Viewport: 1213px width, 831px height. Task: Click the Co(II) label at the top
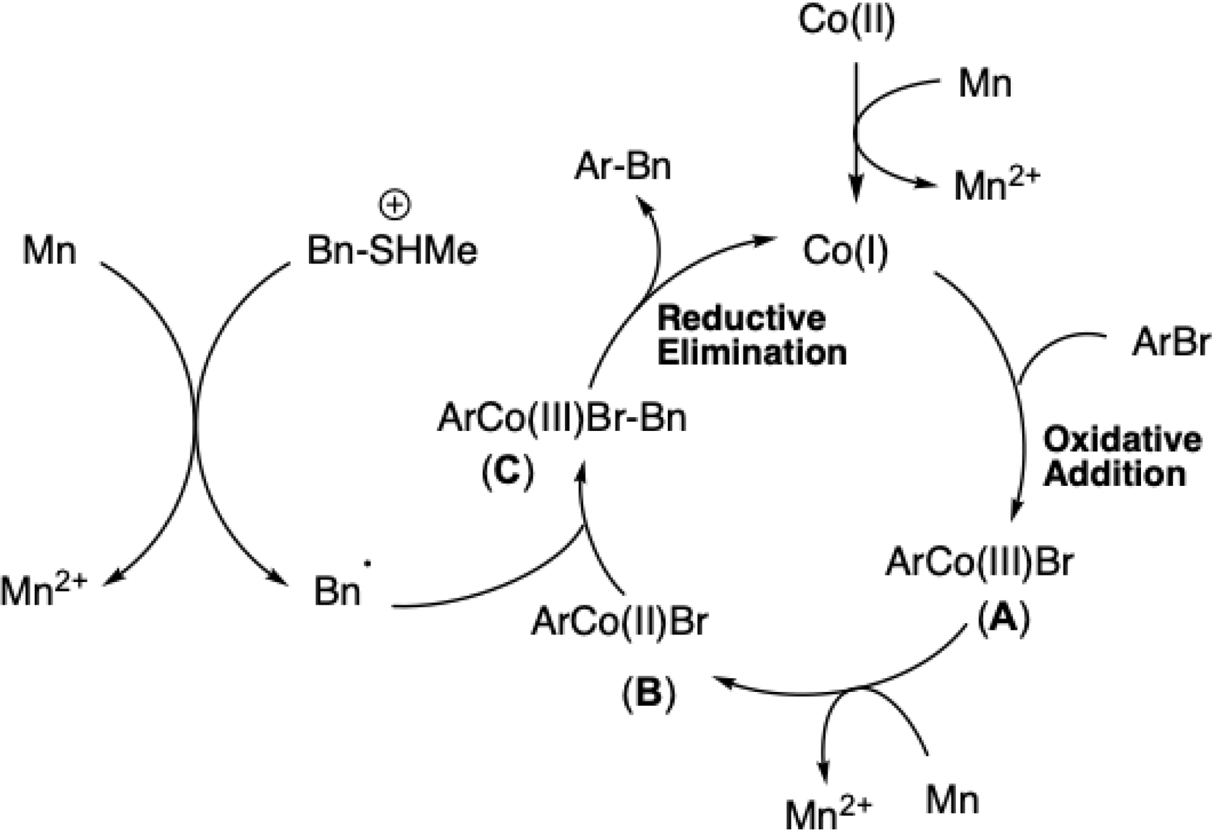click(x=846, y=21)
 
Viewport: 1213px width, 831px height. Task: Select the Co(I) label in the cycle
click(x=845, y=252)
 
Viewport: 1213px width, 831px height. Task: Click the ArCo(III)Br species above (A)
click(x=979, y=562)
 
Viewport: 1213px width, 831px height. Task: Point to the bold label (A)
click(x=1003, y=619)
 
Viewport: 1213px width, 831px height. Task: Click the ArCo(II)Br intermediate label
click(x=620, y=622)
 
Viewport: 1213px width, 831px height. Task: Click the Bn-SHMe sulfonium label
click(x=392, y=252)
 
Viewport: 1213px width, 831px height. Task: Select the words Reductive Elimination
click(x=751, y=336)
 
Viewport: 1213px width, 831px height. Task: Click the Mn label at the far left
click(x=49, y=251)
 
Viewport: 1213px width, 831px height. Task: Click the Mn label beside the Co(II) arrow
click(x=984, y=84)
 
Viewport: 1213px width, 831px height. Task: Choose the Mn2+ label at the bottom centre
click(x=828, y=813)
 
